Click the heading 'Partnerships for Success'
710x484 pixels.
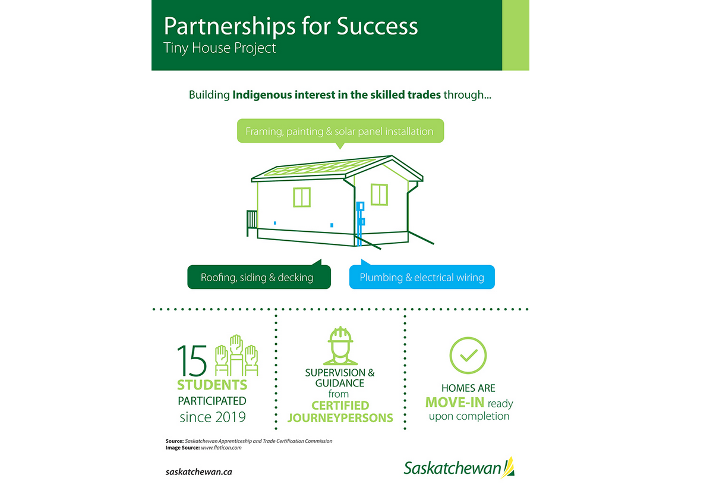291,26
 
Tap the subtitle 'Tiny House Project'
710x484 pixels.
220,48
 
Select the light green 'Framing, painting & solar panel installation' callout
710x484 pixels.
340,131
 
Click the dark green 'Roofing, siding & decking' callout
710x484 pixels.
257,277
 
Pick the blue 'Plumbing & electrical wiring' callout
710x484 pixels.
422,277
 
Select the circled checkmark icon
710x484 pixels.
468,355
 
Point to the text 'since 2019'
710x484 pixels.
212,416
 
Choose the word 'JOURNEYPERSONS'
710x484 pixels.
340,417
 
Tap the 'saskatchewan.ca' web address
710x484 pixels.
198,472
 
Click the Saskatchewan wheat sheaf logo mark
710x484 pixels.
508,467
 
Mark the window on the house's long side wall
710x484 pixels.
302,197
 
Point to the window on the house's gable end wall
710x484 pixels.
379,194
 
